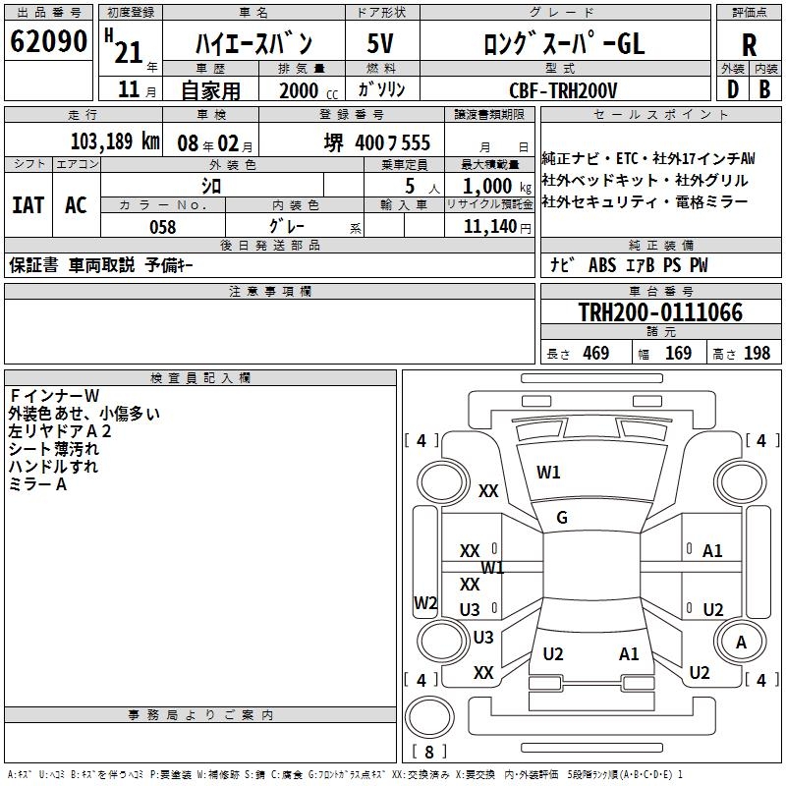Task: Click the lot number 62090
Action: [49, 42]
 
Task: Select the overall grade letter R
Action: [749, 44]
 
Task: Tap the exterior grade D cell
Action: [732, 88]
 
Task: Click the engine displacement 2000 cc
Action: [302, 89]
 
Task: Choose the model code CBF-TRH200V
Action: [563, 89]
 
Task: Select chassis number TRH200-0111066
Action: [660, 312]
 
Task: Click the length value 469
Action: [595, 354]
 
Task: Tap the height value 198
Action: [757, 354]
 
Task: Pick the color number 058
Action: [162, 227]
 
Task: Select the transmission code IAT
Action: [28, 204]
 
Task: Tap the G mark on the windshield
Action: [562, 518]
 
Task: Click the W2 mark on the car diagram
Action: [425, 603]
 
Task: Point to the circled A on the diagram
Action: [742, 642]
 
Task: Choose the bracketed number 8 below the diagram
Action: [428, 753]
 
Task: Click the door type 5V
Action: [380, 44]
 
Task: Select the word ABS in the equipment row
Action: [602, 265]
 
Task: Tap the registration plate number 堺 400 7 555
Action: [377, 142]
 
